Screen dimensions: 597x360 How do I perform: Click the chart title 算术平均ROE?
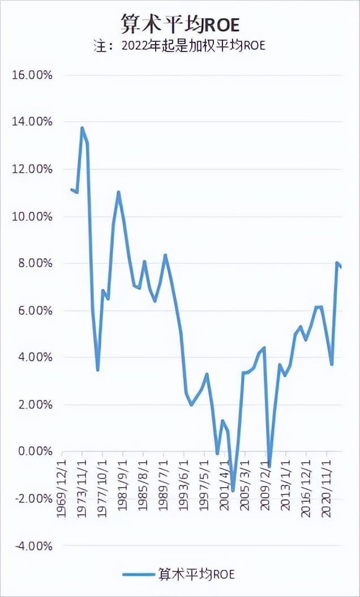coord(180,24)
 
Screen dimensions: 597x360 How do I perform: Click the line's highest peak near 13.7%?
coord(82,128)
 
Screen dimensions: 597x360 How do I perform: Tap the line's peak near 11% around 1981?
coord(118,192)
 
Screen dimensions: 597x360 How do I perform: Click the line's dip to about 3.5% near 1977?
coord(98,370)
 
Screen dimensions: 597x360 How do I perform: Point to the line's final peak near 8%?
coord(337,263)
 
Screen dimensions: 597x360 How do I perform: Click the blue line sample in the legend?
coord(139,574)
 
